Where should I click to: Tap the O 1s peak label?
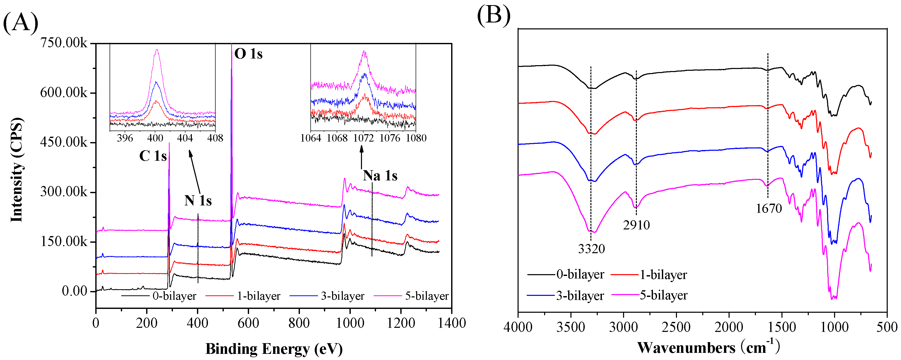[248, 54]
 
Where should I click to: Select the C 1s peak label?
[153, 156]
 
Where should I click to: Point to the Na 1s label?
[380, 176]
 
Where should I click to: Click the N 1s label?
[198, 201]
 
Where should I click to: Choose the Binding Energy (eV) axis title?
[274, 349]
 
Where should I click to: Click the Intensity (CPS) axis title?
[16, 170]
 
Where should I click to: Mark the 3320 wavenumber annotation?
[591, 249]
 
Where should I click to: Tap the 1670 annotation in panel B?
[768, 208]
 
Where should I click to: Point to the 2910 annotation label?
[636, 225]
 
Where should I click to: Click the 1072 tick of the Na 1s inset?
[364, 138]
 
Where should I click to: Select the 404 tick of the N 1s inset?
[185, 138]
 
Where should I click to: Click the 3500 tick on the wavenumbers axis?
[570, 327]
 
